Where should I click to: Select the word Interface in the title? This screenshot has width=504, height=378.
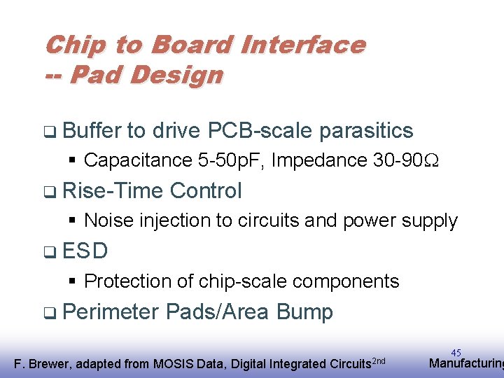tap(302, 45)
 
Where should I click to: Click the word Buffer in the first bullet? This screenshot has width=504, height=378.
tap(91, 130)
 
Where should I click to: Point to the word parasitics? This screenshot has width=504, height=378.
tap(365, 130)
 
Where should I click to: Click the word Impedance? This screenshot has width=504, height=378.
tap(318, 160)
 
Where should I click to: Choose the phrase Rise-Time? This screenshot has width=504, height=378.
tap(113, 190)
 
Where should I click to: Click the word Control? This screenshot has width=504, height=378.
tap(206, 190)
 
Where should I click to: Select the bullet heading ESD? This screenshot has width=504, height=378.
tap(85, 251)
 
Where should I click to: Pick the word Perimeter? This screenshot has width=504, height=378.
tap(111, 311)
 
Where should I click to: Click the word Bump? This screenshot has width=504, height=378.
tap(304, 311)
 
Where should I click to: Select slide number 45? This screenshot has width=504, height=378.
tap(456, 353)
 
